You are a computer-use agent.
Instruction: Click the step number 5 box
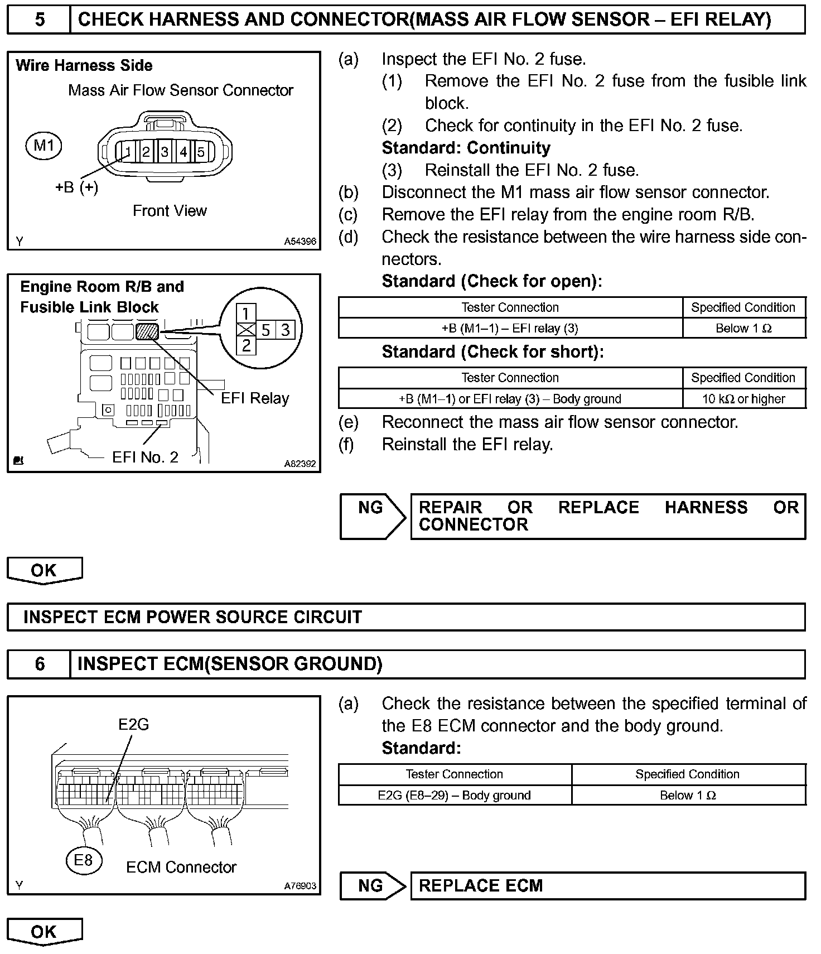pos(39,20)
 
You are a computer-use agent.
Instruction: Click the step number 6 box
pos(39,664)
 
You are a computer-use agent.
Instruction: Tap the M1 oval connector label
pos(44,146)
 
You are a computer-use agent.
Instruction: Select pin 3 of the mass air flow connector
pos(165,151)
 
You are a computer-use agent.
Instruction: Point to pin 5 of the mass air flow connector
pos(201,151)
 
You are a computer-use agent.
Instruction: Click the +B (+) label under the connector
pos(76,187)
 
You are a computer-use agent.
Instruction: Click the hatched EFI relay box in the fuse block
pos(147,332)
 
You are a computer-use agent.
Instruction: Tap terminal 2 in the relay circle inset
pos(246,345)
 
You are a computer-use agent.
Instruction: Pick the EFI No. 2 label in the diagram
pos(145,457)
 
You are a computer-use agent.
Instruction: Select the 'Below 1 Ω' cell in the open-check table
pos(743,329)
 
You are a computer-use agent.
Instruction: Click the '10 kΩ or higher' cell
pos(743,399)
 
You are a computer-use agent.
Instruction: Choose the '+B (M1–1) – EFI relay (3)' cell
pos(510,329)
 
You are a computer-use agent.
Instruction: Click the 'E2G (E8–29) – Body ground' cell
pos(454,796)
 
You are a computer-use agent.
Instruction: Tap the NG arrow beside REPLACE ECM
pos(373,885)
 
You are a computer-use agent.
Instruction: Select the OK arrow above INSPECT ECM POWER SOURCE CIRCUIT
pos(44,570)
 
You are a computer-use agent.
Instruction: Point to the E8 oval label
pos(83,860)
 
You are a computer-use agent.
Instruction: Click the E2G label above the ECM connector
pos(133,724)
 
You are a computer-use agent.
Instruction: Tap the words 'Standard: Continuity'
pos(466,148)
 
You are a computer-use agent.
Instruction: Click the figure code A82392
pos(300,464)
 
